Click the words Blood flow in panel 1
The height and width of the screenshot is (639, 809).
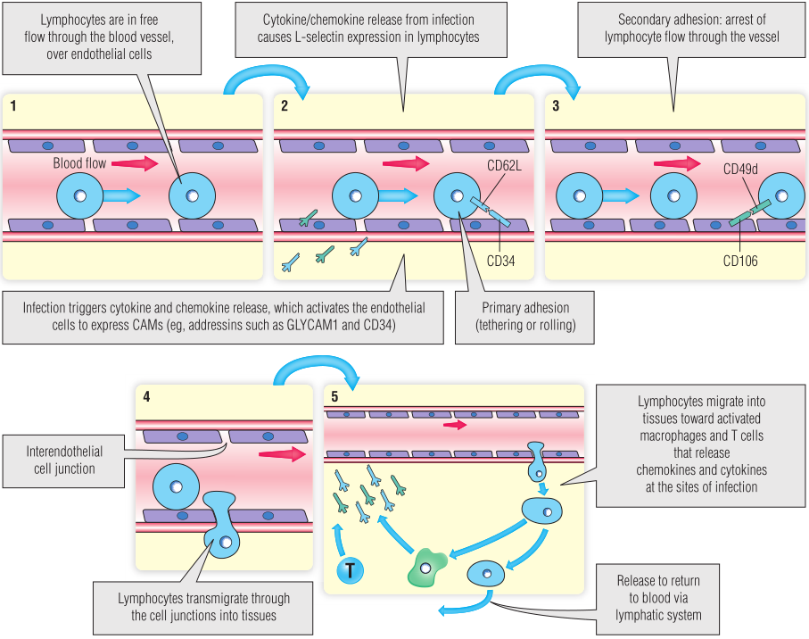click(79, 164)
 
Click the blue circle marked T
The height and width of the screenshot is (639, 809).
click(351, 572)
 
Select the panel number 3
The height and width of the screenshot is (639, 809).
click(556, 106)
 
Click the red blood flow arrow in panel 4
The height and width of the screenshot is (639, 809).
click(278, 455)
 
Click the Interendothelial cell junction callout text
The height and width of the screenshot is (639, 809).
click(62, 461)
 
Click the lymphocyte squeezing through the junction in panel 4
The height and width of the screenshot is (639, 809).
click(220, 524)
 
